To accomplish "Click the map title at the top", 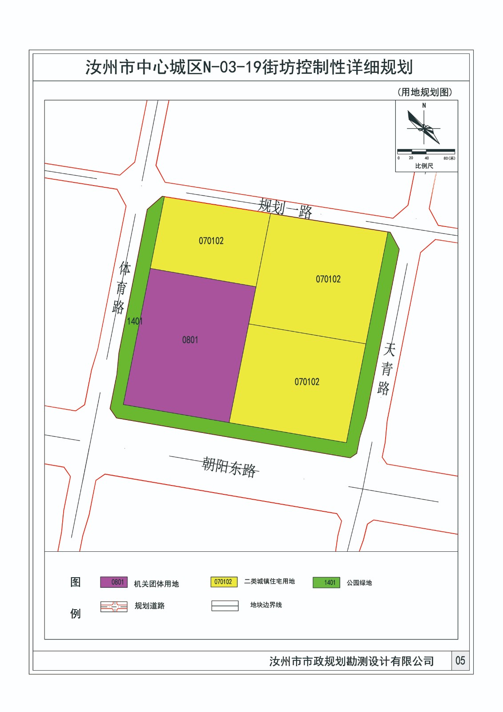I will tap(249, 68).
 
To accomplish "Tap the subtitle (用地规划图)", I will tap(425, 93).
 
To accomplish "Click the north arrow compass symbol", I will tap(424, 127).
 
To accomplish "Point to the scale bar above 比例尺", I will tap(426, 152).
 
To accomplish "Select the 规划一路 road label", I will tap(285, 208).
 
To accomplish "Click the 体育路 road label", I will tap(121, 287).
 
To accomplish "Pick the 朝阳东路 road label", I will tap(229, 467).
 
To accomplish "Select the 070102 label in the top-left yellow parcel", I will tap(211, 241).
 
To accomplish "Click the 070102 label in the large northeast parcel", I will tap(328, 279).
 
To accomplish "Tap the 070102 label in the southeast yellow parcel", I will tap(307, 382).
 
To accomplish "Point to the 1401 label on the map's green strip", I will tap(134, 321).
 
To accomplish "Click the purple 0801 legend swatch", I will tap(114, 582).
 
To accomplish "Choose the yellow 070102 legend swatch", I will tap(224, 582).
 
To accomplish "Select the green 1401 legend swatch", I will tap(326, 583).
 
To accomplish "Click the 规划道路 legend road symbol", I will tap(114, 607).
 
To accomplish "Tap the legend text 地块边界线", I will tap(266, 605).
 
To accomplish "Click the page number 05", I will tap(460, 661).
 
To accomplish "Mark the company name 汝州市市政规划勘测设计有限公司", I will tap(351, 661).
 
